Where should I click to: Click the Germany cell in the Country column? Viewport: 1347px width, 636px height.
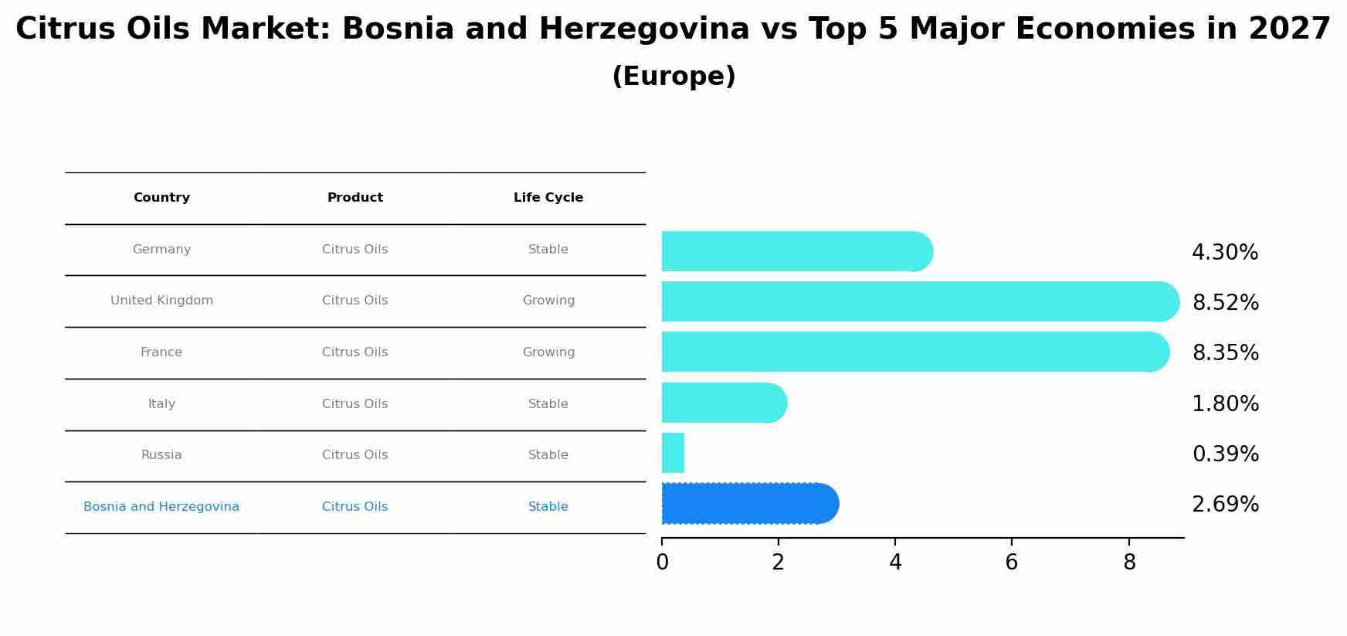pyautogui.click(x=161, y=250)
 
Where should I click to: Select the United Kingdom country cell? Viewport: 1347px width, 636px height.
pyautogui.click(x=161, y=301)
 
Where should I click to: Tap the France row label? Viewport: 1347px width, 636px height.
pyautogui.click(x=161, y=352)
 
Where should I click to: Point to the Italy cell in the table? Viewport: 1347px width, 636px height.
pyautogui.click(x=161, y=404)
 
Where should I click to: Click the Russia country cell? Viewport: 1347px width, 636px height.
pyautogui.click(x=161, y=455)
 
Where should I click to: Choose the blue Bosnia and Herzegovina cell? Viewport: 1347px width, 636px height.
pyautogui.click(x=161, y=507)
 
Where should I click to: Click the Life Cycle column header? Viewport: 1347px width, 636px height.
pyautogui.click(x=548, y=198)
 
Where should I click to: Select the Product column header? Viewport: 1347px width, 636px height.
pyautogui.click(x=355, y=198)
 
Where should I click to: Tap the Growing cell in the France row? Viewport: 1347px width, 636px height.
pyautogui.click(x=548, y=352)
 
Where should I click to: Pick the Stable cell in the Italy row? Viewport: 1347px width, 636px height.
pyautogui.click(x=548, y=404)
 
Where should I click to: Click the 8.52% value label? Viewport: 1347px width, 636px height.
pyautogui.click(x=1226, y=303)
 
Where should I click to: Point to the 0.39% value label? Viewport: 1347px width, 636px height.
pyautogui.click(x=1226, y=454)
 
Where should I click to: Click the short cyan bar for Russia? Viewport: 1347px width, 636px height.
pyautogui.click(x=673, y=453)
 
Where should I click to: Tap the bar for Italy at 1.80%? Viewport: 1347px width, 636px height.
pyautogui.click(x=722, y=403)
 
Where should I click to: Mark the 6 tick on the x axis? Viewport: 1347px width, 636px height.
pyautogui.click(x=1011, y=563)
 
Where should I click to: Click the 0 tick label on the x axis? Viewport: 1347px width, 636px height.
pyautogui.click(x=662, y=563)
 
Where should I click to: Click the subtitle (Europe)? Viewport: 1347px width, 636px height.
pyautogui.click(x=673, y=77)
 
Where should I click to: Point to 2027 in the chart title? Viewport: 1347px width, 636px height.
pyautogui.click(x=1289, y=29)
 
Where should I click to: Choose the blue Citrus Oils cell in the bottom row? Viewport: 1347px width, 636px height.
pyautogui.click(x=355, y=507)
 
